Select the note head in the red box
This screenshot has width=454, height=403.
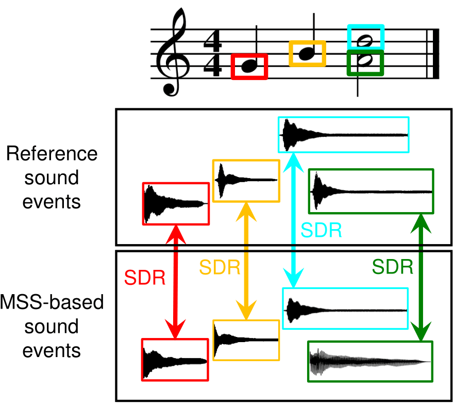[249, 65]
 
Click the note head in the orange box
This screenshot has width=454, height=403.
[307, 53]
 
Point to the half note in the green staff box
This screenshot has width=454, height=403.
[365, 61]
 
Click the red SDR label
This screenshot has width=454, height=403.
[145, 278]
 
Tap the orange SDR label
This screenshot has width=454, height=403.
[220, 267]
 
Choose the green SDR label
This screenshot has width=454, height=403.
[393, 267]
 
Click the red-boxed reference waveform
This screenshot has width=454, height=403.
[176, 204]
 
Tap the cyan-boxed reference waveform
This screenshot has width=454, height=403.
[343, 135]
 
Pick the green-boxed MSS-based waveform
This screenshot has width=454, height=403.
[370, 361]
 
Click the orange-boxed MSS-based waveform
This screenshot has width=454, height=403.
[246, 340]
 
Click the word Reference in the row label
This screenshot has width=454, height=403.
[52, 154]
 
